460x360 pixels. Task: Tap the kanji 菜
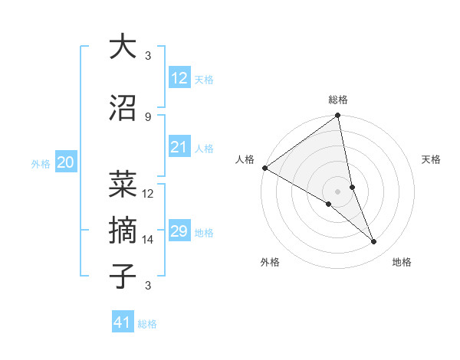[x=123, y=184]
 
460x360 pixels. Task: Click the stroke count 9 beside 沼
[x=147, y=116]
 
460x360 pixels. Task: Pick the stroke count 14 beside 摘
[x=148, y=240]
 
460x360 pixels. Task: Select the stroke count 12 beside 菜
[x=148, y=194]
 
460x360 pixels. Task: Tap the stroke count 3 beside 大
[x=147, y=56]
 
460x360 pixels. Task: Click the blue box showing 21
[x=179, y=148]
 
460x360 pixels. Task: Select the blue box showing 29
[x=179, y=232]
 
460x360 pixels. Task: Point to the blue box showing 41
[x=123, y=322]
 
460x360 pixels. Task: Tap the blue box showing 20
[x=66, y=162]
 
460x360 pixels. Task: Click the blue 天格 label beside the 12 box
[x=204, y=80]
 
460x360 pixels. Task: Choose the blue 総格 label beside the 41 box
[x=148, y=324]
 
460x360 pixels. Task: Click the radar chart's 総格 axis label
[x=338, y=100]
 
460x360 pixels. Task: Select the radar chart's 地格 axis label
[x=402, y=262]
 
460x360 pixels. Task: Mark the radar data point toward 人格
[x=264, y=168]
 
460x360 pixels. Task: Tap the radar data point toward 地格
[x=374, y=242]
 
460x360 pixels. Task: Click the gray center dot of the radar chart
[x=337, y=191]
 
